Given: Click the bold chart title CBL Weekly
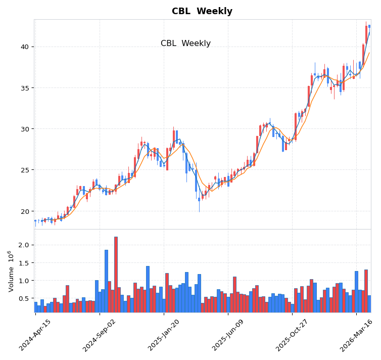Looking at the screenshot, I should point(202,11).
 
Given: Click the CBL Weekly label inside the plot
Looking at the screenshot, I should point(185,43).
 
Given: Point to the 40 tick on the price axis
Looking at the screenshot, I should point(24,47).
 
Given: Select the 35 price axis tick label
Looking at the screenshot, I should point(24,88).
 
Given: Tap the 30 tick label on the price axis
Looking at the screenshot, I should point(24,129).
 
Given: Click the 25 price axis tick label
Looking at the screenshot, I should point(24,170).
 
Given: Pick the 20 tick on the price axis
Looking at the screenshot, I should point(24,211).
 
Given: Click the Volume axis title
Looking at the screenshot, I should point(11,271).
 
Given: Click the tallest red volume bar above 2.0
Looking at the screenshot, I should point(116,275).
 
